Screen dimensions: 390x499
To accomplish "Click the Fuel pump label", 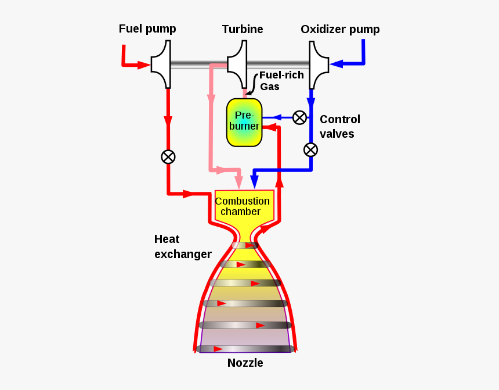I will point(147,28).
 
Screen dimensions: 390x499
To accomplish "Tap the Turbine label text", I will point(243,29).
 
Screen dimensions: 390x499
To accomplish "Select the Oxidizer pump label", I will point(340,29).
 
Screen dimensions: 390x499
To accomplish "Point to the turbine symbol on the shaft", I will point(237,64).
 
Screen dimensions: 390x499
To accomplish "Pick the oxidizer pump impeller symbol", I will point(318,64).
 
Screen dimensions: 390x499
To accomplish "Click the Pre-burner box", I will point(244,122).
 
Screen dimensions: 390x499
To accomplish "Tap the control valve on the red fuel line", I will point(168,156).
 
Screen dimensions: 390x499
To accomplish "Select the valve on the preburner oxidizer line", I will point(299,117).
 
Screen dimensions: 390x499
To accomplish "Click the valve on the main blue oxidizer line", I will point(311,149).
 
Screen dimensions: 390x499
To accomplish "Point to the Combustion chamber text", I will point(243,206).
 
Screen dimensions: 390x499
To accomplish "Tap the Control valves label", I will point(339,126).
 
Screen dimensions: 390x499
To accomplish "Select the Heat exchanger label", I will point(182,246).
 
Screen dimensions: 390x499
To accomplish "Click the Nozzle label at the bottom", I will point(245,363).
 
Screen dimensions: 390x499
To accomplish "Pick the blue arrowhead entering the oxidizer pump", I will point(336,63).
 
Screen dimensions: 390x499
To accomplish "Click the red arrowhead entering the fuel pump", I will point(143,65).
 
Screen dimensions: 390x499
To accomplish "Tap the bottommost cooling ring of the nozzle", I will point(244,349).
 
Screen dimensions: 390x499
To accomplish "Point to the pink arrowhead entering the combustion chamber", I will point(238,182).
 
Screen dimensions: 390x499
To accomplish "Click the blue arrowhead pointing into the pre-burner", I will point(269,117).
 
